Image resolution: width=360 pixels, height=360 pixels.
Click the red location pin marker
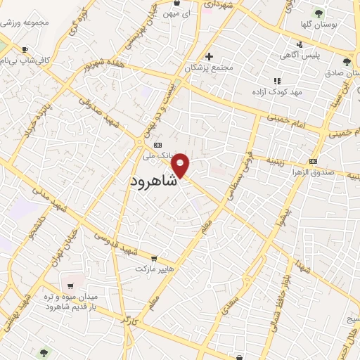tap(181, 164)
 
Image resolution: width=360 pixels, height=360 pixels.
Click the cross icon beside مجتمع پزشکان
tap(208, 56)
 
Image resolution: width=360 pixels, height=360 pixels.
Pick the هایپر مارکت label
tap(156, 269)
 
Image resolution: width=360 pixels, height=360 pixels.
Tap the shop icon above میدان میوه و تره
tap(70, 285)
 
